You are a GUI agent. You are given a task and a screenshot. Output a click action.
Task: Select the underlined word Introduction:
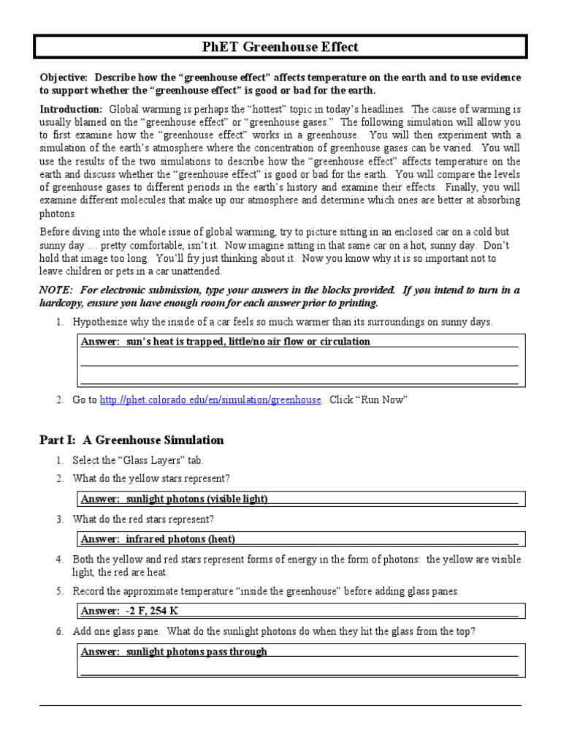(x=71, y=108)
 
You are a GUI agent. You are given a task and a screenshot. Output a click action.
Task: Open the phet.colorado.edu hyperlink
(x=210, y=400)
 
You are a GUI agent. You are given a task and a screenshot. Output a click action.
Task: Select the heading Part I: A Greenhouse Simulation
(x=131, y=440)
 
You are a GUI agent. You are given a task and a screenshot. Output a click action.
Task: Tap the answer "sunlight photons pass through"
(x=196, y=651)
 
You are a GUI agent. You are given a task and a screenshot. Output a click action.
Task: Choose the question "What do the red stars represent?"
(x=143, y=519)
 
